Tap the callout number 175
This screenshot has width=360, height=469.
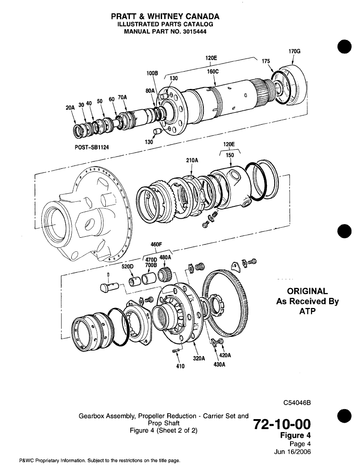pos(266,61)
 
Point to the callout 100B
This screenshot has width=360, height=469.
pos(152,73)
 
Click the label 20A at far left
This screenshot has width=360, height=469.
pos(70,108)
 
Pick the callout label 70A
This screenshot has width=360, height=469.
pos(122,97)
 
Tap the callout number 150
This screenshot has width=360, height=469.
pos(230,155)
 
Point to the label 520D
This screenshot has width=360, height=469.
pos(127,267)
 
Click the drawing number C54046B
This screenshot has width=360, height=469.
pos(299,402)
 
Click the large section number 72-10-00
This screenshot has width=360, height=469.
pos(284,425)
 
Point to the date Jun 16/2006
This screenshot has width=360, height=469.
pos(293,452)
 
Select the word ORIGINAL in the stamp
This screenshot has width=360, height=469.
pos(308,291)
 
